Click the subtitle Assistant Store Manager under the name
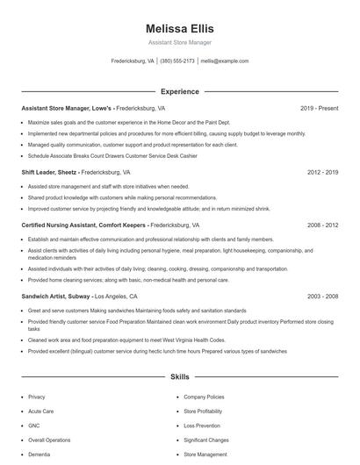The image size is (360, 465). point(180,42)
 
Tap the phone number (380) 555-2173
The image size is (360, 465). point(177,61)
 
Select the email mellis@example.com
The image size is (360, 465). point(225,61)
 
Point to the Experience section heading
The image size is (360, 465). point(180,91)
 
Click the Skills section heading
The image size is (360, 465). point(180,377)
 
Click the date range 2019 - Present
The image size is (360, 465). point(319,108)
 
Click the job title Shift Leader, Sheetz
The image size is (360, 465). point(49,173)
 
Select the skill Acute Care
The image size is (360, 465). point(40,411)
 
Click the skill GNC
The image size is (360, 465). point(35,425)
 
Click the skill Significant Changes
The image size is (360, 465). point(206,440)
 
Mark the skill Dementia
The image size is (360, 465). point(40,454)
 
